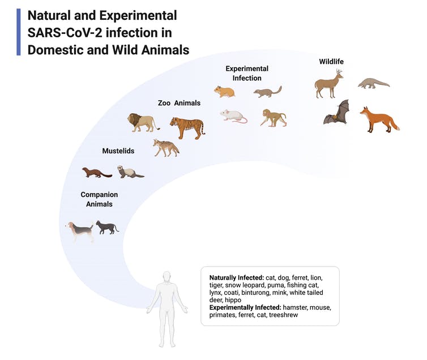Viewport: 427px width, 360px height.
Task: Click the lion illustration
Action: click(143, 123)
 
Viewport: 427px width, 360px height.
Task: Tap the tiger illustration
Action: click(187, 127)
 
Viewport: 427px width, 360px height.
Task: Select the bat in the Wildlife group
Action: click(336, 112)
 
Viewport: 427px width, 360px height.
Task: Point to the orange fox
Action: click(380, 119)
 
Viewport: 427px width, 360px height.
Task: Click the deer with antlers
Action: click(328, 83)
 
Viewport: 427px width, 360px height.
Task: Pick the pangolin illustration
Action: click(374, 83)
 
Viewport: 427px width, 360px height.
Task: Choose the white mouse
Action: click(234, 116)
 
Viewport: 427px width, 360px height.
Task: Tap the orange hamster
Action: click(224, 92)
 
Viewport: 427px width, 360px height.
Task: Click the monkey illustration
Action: click(274, 118)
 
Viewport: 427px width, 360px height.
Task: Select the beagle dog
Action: click(80, 232)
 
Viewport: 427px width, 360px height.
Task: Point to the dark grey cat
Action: click(107, 228)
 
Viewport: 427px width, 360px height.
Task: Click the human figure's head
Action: click(167, 277)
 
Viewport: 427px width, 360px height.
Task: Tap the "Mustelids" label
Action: click(118, 151)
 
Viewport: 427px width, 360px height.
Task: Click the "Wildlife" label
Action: click(331, 62)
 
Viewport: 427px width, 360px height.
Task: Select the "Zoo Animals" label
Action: click(179, 103)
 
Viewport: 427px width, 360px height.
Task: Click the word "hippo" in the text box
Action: click(233, 300)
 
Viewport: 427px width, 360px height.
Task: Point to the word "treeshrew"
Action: click(284, 315)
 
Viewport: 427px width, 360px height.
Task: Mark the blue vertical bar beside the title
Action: click(19, 32)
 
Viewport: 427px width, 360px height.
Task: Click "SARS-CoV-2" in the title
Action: click(65, 33)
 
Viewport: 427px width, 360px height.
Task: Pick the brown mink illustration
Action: click(97, 173)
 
